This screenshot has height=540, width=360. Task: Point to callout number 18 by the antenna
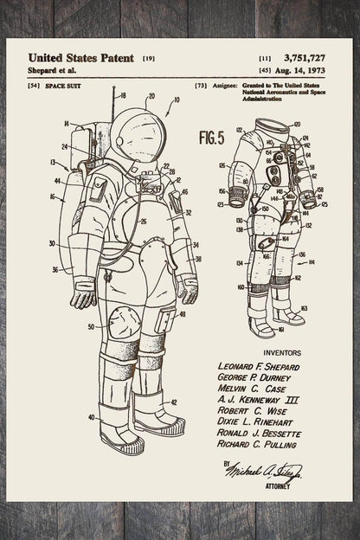[123, 95]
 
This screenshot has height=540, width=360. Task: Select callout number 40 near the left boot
[92, 417]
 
